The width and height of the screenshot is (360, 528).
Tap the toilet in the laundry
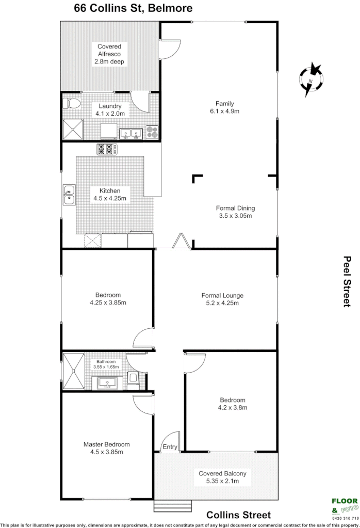click(x=71, y=103)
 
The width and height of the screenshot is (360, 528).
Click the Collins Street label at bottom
click(x=238, y=515)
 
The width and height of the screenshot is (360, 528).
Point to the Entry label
click(x=170, y=447)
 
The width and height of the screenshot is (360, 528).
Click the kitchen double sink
click(x=68, y=196)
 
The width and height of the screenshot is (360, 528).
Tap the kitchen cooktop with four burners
click(x=107, y=150)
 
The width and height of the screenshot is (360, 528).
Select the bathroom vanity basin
click(x=107, y=382)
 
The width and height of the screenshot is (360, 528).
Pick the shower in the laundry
click(x=73, y=130)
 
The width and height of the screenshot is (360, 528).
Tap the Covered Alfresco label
click(x=109, y=54)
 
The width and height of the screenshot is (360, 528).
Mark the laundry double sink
click(x=131, y=134)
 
